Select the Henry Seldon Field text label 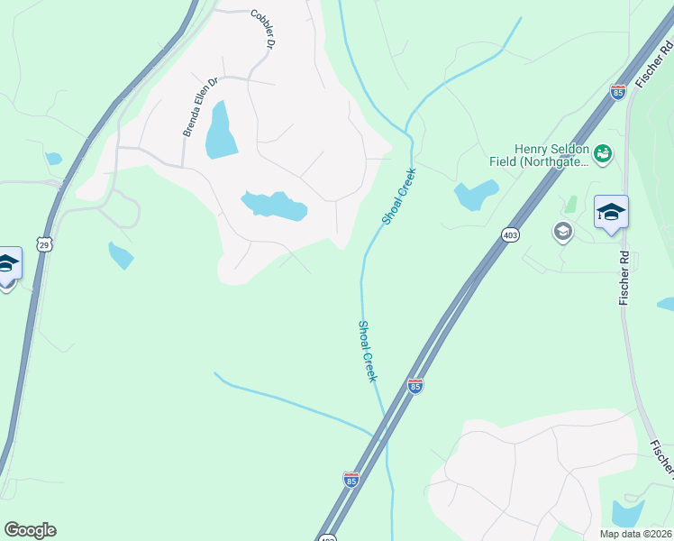point(551,156)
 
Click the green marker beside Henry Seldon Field point(603,155)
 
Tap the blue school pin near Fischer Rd point(611,213)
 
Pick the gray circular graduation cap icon point(563,232)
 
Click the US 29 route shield point(44,243)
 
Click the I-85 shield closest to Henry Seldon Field point(617,92)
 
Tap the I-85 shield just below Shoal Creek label point(414,386)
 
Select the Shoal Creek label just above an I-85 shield point(367,351)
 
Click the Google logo point(30,530)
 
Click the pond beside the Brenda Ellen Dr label point(221,132)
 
